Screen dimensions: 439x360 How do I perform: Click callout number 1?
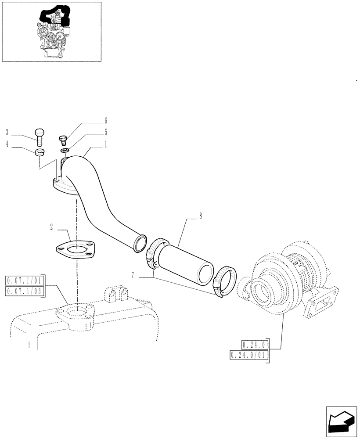click(106, 144)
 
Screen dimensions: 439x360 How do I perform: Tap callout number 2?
click(52, 227)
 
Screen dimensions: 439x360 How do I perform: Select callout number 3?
click(7, 132)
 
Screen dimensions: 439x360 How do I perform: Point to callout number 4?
click(7, 143)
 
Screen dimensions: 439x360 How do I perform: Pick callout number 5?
click(106, 132)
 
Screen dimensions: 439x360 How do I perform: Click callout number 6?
click(106, 121)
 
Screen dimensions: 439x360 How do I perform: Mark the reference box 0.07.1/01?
click(25, 280)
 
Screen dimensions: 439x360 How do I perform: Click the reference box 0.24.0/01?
click(247, 355)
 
